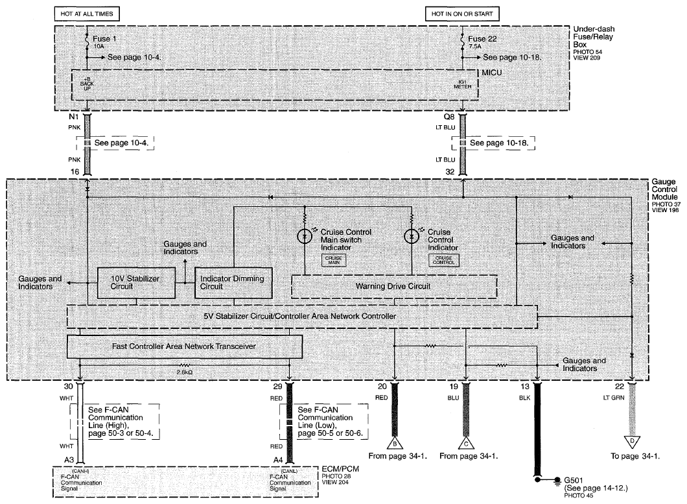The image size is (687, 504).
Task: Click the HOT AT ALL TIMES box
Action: [87, 14]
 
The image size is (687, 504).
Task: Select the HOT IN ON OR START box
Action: [462, 14]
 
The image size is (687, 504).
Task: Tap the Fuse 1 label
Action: [104, 39]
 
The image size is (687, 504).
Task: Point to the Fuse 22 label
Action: [482, 39]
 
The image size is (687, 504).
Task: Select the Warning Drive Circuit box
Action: [394, 287]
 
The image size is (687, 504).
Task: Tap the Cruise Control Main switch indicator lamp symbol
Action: [304, 237]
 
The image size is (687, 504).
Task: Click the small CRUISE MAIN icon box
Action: [334, 260]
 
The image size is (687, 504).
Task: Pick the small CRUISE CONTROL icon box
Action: [443, 260]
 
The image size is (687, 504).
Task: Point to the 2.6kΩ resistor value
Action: [185, 372]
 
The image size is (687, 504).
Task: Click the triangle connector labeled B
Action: [395, 444]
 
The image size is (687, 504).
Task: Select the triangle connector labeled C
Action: [466, 444]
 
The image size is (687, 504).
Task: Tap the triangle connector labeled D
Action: [632, 441]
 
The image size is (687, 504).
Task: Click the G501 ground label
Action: [574, 480]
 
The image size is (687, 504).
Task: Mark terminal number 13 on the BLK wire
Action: [525, 387]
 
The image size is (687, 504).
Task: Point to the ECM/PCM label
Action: [340, 469]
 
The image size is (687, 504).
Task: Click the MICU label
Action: [491, 73]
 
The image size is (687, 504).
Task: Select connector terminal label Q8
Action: [449, 117]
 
